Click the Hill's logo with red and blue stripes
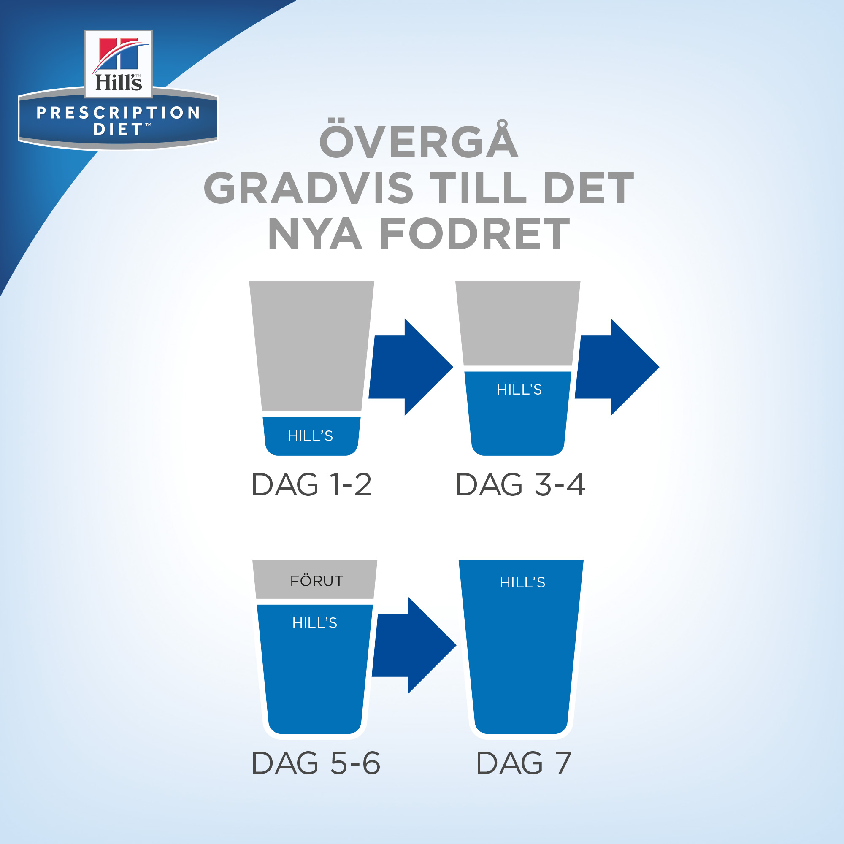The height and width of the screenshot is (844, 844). pyautogui.click(x=118, y=64)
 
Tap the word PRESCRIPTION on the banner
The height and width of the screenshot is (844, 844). pyautogui.click(x=119, y=113)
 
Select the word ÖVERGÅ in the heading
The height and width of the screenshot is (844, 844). pyautogui.click(x=419, y=139)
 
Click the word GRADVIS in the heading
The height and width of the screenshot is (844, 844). pyautogui.click(x=308, y=188)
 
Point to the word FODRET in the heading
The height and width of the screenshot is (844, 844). pyautogui.click(x=475, y=234)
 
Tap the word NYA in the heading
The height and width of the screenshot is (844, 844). pyautogui.click(x=315, y=234)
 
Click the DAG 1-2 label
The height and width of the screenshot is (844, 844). pyautogui.click(x=311, y=485)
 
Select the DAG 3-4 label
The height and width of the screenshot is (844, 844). pyautogui.click(x=520, y=485)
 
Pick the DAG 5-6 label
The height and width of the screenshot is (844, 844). pyautogui.click(x=316, y=763)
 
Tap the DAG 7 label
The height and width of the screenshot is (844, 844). pyautogui.click(x=523, y=763)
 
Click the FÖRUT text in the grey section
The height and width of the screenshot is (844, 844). pyautogui.click(x=317, y=581)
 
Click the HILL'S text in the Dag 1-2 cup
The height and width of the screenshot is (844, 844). pyautogui.click(x=310, y=436)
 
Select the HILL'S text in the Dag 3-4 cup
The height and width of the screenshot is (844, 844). pyautogui.click(x=519, y=389)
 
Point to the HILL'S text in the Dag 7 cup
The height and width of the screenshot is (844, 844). pyautogui.click(x=522, y=582)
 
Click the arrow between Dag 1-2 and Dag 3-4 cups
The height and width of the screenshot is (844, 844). pyautogui.click(x=411, y=367)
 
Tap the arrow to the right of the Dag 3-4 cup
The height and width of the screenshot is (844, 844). pyautogui.click(x=617, y=367)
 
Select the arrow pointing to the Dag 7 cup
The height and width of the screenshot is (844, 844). pyautogui.click(x=414, y=645)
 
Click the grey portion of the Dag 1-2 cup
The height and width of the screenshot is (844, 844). pyautogui.click(x=311, y=345)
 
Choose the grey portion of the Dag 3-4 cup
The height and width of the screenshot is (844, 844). pyautogui.click(x=518, y=323)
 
